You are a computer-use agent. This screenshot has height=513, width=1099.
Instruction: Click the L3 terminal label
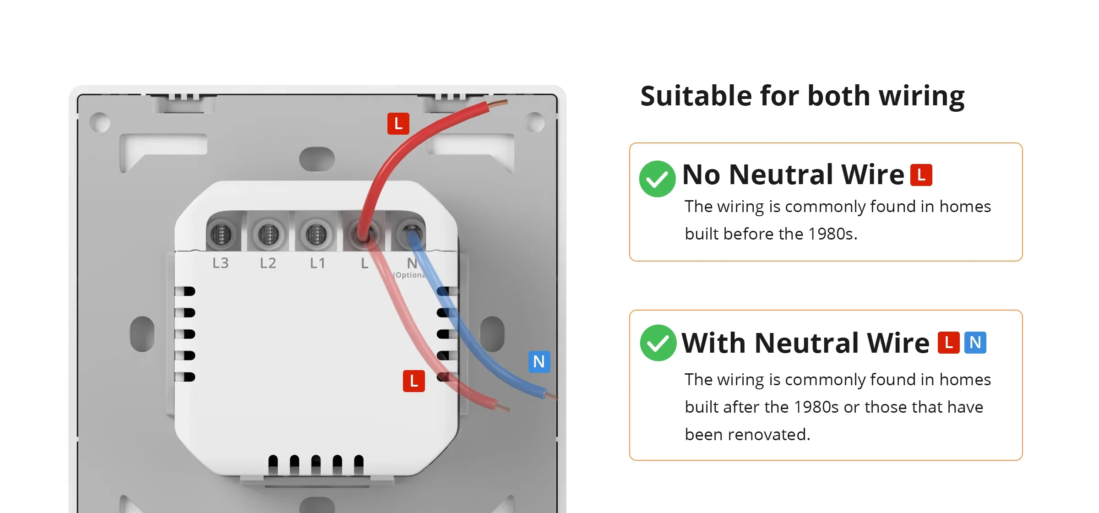click(220, 263)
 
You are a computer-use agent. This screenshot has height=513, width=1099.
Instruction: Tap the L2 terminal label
click(268, 263)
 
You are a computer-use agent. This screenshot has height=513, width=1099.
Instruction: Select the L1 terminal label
click(317, 263)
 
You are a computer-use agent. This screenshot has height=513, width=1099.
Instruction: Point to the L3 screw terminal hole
click(221, 235)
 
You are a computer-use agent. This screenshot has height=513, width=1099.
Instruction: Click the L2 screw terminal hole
click(269, 235)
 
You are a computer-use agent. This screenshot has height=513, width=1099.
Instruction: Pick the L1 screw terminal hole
click(316, 235)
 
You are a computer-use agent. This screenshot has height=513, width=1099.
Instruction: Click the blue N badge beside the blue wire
click(539, 362)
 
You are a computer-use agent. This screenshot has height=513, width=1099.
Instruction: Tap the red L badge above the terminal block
click(398, 124)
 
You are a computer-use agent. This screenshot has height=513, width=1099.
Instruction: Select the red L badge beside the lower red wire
click(414, 381)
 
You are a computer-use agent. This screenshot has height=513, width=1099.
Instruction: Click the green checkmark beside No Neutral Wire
click(657, 179)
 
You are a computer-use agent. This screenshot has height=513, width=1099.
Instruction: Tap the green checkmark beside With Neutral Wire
click(658, 343)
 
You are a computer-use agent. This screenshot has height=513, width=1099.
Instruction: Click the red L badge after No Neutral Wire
click(921, 175)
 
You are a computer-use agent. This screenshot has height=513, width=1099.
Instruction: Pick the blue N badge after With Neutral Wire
click(975, 343)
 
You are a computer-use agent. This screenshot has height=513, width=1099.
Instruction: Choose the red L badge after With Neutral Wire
click(949, 343)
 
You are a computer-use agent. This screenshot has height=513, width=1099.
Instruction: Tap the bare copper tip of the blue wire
click(551, 395)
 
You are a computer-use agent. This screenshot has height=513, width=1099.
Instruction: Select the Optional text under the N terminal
click(410, 275)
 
